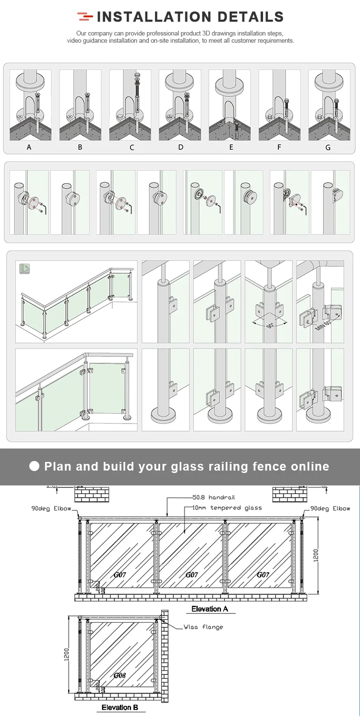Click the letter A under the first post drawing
click(29, 147)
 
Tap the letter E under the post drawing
click(231, 147)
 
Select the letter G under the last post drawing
click(328, 147)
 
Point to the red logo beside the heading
click(85, 17)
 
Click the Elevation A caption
click(209, 609)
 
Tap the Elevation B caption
click(120, 707)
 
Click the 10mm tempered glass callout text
click(227, 508)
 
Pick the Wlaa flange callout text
click(203, 626)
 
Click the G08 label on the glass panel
click(120, 675)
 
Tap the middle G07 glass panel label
click(192, 574)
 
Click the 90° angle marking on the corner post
click(270, 325)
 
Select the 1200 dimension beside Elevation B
click(67, 654)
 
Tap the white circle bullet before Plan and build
click(34, 466)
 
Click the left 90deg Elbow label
click(51, 508)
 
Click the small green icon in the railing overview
click(24, 269)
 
